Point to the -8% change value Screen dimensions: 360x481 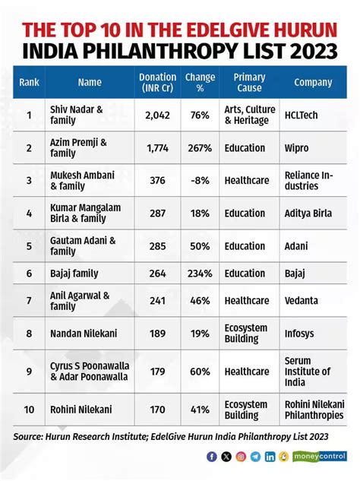coord(200,180)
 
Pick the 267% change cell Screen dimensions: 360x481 coord(199,147)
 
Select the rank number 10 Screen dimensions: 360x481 coord(29,409)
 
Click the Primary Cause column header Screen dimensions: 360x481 coord(249,82)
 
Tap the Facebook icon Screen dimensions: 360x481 coord(211,457)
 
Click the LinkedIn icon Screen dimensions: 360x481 coord(269,457)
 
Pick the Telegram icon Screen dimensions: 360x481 coord(254,457)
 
